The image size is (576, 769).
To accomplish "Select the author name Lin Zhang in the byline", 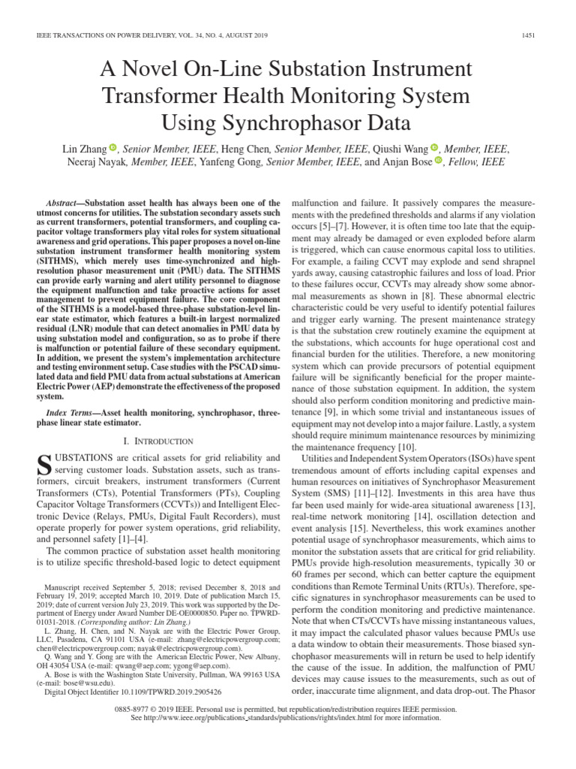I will (x=83, y=149).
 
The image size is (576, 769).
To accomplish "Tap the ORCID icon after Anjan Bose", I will (x=438, y=161).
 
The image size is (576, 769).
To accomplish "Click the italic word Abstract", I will (x=61, y=203).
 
